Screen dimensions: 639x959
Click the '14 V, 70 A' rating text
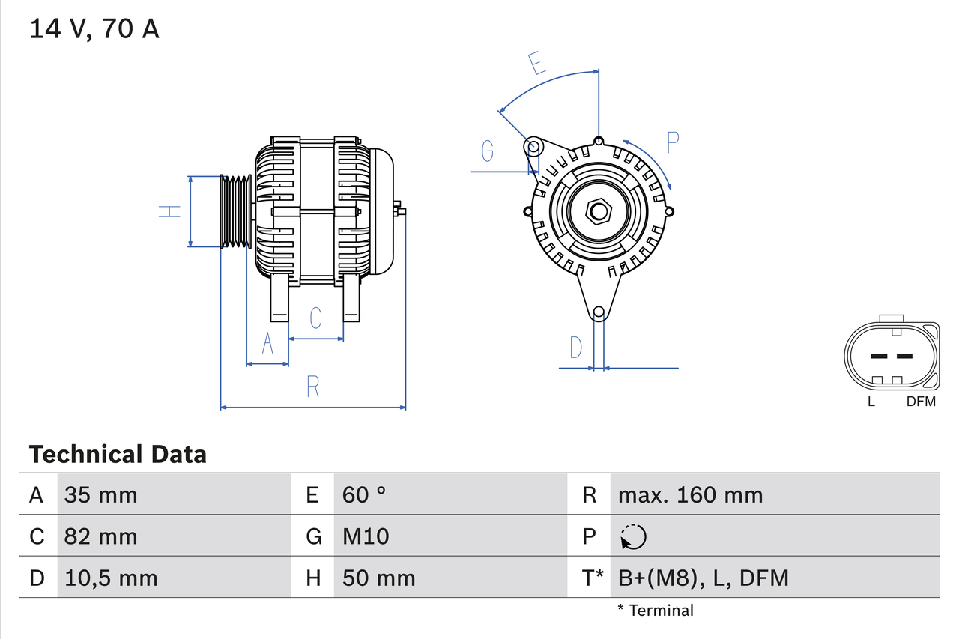click(x=94, y=29)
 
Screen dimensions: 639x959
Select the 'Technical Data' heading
click(x=118, y=454)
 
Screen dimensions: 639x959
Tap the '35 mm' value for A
click(x=100, y=494)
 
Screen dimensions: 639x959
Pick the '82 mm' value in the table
click(x=100, y=536)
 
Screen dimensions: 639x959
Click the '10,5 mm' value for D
click(x=111, y=578)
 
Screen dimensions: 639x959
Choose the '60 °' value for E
click(x=364, y=494)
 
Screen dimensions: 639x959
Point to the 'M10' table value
click(x=366, y=536)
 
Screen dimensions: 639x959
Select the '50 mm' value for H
click(x=378, y=578)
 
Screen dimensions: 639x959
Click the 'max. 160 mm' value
click(x=690, y=494)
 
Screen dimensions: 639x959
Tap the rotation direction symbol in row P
click(x=633, y=536)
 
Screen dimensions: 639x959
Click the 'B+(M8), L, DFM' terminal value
click(x=703, y=578)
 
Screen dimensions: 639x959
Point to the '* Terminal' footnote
click(x=656, y=611)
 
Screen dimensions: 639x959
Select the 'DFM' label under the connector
click(x=921, y=402)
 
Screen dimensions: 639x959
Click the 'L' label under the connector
click(x=871, y=402)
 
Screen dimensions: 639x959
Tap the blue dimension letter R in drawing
click(x=313, y=387)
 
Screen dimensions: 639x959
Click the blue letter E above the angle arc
click(x=536, y=64)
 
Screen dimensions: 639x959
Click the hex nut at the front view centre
click(x=598, y=211)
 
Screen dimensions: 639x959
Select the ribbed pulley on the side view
click(x=235, y=211)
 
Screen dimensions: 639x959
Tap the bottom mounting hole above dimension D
click(x=599, y=312)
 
